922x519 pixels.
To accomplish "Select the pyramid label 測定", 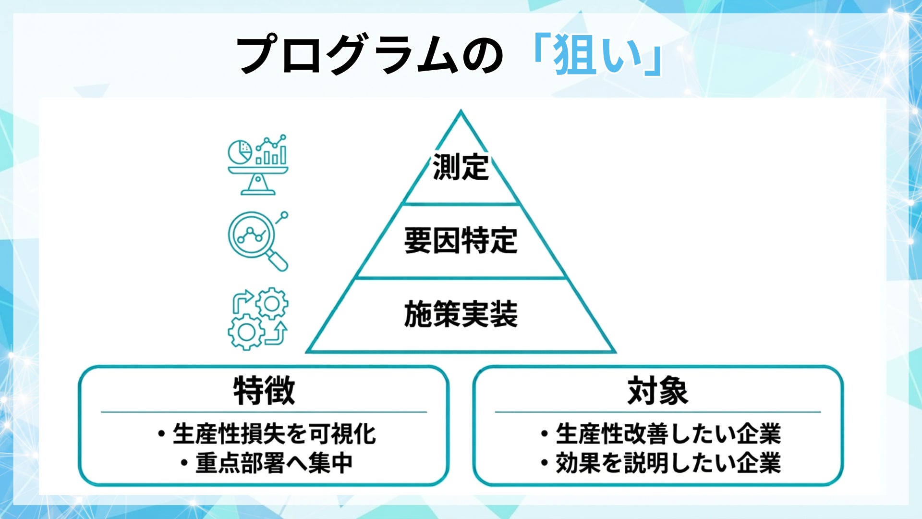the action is pos(461,167).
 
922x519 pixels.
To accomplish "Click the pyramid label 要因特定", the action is pos(461,241).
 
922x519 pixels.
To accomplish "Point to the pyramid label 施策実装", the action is pos(461,314).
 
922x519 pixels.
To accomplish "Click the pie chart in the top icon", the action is pos(239,151).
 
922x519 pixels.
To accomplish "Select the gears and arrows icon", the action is pos(258,318).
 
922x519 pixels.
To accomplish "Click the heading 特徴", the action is pos(264,391).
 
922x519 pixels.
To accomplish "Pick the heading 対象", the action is pos(657,391).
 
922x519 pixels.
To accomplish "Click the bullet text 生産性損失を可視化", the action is pos(274,434).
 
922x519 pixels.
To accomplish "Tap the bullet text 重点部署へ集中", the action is pos(274,463).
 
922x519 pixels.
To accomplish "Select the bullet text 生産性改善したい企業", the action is pos(668,434).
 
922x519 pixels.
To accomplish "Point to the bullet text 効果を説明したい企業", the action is pos(668,463).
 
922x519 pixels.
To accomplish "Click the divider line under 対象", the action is pos(657,412).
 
